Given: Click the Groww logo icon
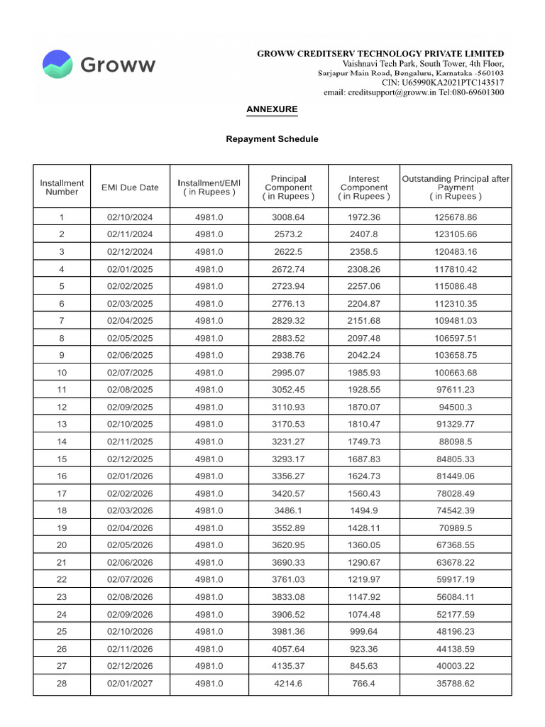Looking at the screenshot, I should (57, 64).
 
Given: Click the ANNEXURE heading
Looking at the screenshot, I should (272, 109).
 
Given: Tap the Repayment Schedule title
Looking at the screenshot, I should (272, 139).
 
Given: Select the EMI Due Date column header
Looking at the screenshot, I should (130, 187).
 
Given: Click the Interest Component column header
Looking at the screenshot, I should (364, 187).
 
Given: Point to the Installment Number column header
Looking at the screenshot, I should (62, 187).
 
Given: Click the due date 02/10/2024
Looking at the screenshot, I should (130, 217).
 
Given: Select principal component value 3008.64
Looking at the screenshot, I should (288, 217).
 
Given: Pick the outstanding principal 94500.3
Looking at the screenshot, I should (456, 407).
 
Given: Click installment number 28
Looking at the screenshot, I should (62, 684).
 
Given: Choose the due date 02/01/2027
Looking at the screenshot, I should (130, 684).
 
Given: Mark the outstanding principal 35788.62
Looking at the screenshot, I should (456, 684).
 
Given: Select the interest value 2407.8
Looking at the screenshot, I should (364, 234).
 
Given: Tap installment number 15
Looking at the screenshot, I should (62, 458).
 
